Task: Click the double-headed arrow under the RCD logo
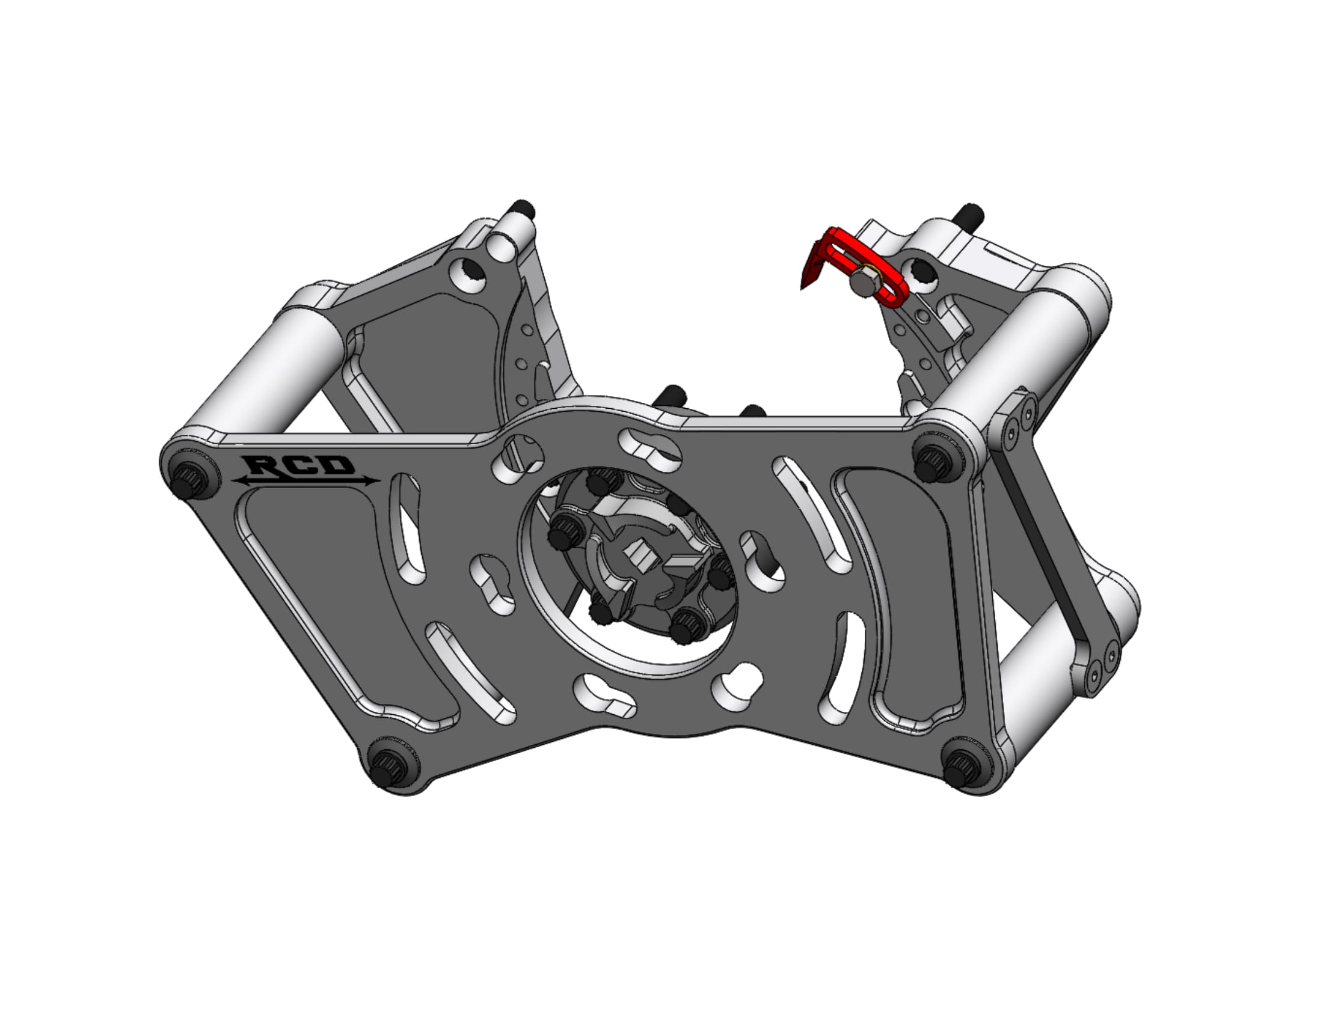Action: [306, 481]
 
